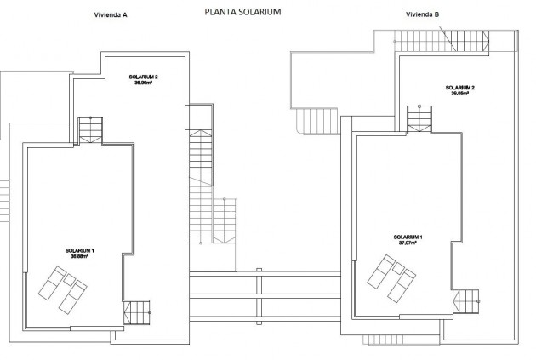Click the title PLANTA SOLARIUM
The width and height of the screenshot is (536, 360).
coord(242,13)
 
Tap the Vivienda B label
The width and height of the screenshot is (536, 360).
coord(424,14)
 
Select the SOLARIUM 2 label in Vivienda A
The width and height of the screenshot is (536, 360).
coord(144,77)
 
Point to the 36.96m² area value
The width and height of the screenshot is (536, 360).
coord(144,83)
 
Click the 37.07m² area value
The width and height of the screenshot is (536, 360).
coord(408,243)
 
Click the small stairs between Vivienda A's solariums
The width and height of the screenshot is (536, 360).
coord(90,129)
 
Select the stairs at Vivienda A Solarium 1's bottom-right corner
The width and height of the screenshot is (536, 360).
coord(136,312)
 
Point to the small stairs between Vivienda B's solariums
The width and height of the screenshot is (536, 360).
coord(420,117)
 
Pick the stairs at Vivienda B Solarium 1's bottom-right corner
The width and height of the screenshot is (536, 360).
coord(466,301)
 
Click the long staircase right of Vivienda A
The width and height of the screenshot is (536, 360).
coord(202,183)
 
